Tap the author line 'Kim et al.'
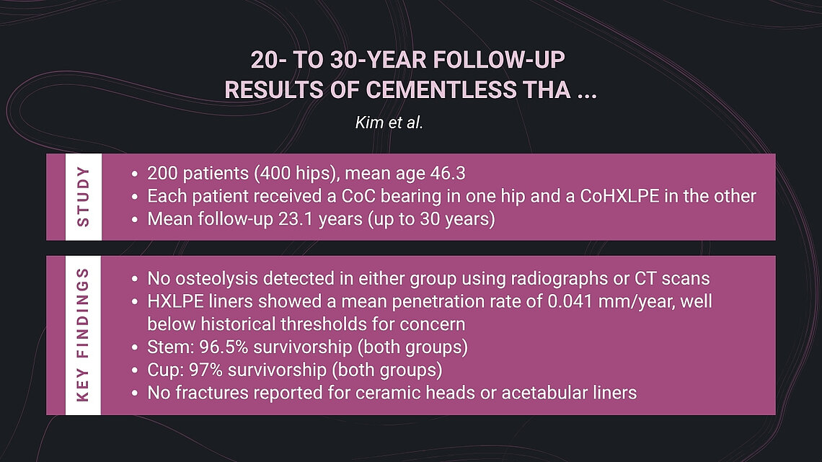pyautogui.click(x=389, y=122)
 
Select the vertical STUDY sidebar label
pyautogui.click(x=84, y=197)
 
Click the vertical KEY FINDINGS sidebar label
pyautogui.click(x=84, y=336)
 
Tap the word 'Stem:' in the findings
pyautogui.click(x=167, y=347)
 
